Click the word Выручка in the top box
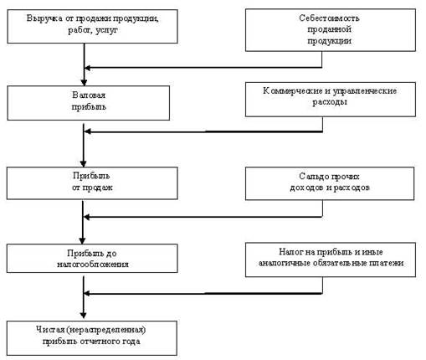pos(44,18)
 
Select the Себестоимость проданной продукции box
pos(331,30)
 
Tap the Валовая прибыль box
pos(89,103)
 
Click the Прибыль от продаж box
pos(92,183)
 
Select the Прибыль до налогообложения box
pos(92,258)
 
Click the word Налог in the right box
pos(290,252)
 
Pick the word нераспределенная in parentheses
pos(106,330)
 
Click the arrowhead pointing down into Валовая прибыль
pos(84,82)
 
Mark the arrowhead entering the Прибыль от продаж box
pos(83,163)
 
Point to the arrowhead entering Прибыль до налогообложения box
pos(82,240)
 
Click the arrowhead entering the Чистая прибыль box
pos(83,315)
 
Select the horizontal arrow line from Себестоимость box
pos(203,68)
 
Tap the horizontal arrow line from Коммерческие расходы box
pos(203,131)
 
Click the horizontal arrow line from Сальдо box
pos(203,217)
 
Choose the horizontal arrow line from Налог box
pos(203,293)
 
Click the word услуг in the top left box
pos(107,30)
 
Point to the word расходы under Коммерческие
pos(330,102)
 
